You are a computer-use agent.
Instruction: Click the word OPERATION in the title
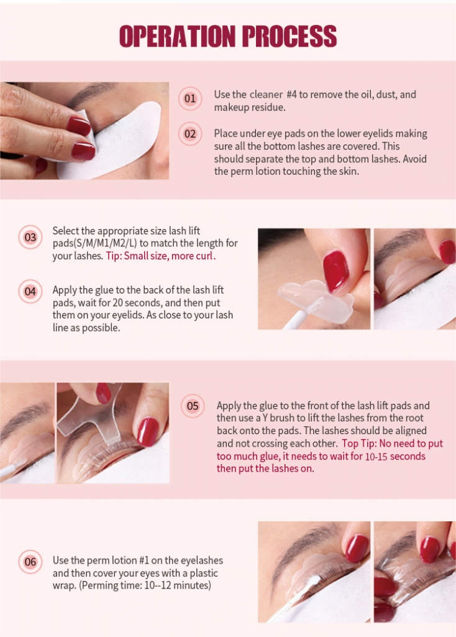pyautogui.click(x=177, y=36)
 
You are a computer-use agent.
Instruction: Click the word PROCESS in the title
pyautogui.click(x=290, y=36)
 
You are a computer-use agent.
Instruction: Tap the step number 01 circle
pyautogui.click(x=190, y=99)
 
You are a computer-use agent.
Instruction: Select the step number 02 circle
pyautogui.click(x=190, y=134)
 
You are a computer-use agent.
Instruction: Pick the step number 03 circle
pyautogui.click(x=30, y=237)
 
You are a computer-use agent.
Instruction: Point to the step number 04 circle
pyautogui.click(x=30, y=291)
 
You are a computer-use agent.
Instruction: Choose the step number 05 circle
pyautogui.click(x=193, y=406)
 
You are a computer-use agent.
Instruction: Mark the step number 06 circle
pyautogui.click(x=30, y=562)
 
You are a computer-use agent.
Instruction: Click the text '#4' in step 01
pyautogui.click(x=292, y=95)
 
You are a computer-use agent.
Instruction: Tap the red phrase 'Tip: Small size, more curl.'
pyautogui.click(x=161, y=256)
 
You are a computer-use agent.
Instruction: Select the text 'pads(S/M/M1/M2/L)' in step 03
pyautogui.click(x=94, y=243)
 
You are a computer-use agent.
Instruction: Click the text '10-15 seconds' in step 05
pyautogui.click(x=395, y=456)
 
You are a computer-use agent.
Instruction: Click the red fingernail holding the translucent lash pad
pyautogui.click(x=336, y=270)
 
